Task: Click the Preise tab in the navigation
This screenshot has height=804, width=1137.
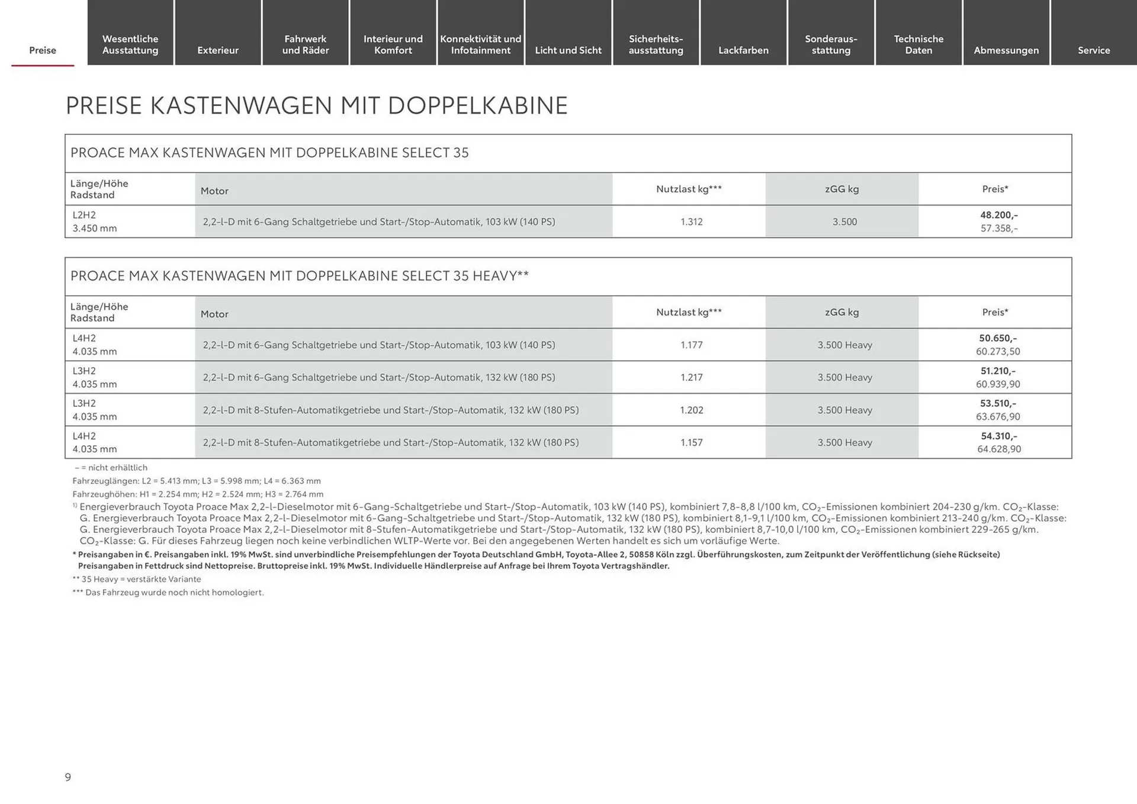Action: point(43,50)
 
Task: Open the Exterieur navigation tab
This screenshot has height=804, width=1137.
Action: point(218,50)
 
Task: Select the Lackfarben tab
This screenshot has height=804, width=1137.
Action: point(743,50)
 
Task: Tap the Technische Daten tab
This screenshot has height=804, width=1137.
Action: point(918,44)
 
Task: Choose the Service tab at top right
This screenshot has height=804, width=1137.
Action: point(1093,50)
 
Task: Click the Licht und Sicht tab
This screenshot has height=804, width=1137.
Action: point(568,50)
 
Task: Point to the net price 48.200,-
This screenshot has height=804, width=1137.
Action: point(998,215)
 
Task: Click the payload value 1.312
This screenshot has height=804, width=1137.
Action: point(691,221)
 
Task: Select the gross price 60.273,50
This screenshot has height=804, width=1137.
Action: point(998,351)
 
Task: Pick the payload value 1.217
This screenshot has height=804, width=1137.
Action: point(691,377)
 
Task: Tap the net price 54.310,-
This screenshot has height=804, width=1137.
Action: point(998,436)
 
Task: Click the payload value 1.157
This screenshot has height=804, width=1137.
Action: point(691,442)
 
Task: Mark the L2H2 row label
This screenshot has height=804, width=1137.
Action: point(84,215)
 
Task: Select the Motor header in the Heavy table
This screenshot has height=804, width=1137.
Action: point(214,314)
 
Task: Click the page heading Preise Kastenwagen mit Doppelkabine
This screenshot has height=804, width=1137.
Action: point(316,105)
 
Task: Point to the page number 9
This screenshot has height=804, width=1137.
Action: point(68,777)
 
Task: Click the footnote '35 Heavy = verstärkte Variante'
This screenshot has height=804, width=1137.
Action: point(137,579)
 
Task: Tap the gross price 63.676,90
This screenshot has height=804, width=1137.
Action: point(998,416)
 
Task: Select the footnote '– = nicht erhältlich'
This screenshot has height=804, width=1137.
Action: point(111,468)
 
